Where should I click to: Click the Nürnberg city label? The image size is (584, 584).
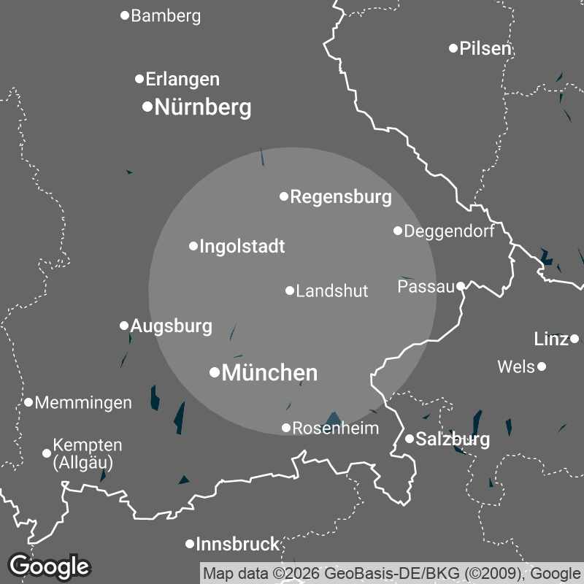point(203,108)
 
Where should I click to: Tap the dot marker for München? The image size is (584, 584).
point(215,372)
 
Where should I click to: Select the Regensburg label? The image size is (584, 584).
point(341,197)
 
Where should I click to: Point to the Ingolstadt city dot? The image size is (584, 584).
point(193,246)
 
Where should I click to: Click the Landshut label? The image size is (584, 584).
point(332,291)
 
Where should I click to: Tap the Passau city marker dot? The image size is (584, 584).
point(461,286)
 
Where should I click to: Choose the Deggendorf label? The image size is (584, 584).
point(449,231)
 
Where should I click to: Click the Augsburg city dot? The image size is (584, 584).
point(124,326)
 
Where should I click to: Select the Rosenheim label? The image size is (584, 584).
point(336,429)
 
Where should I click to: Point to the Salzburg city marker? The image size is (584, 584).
point(410,439)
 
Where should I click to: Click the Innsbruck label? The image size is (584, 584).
point(238,544)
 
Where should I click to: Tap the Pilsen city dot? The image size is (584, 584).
point(453,48)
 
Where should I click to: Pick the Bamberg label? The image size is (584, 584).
point(166,16)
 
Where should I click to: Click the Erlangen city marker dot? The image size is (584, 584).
point(139,79)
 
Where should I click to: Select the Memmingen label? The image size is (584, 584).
point(83,403)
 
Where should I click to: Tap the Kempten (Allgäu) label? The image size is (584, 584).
point(88,453)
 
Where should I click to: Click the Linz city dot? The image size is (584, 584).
point(575,339)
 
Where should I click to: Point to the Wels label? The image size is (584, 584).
point(516,366)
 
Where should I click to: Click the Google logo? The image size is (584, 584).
point(49,566)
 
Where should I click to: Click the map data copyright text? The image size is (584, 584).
point(391,573)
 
